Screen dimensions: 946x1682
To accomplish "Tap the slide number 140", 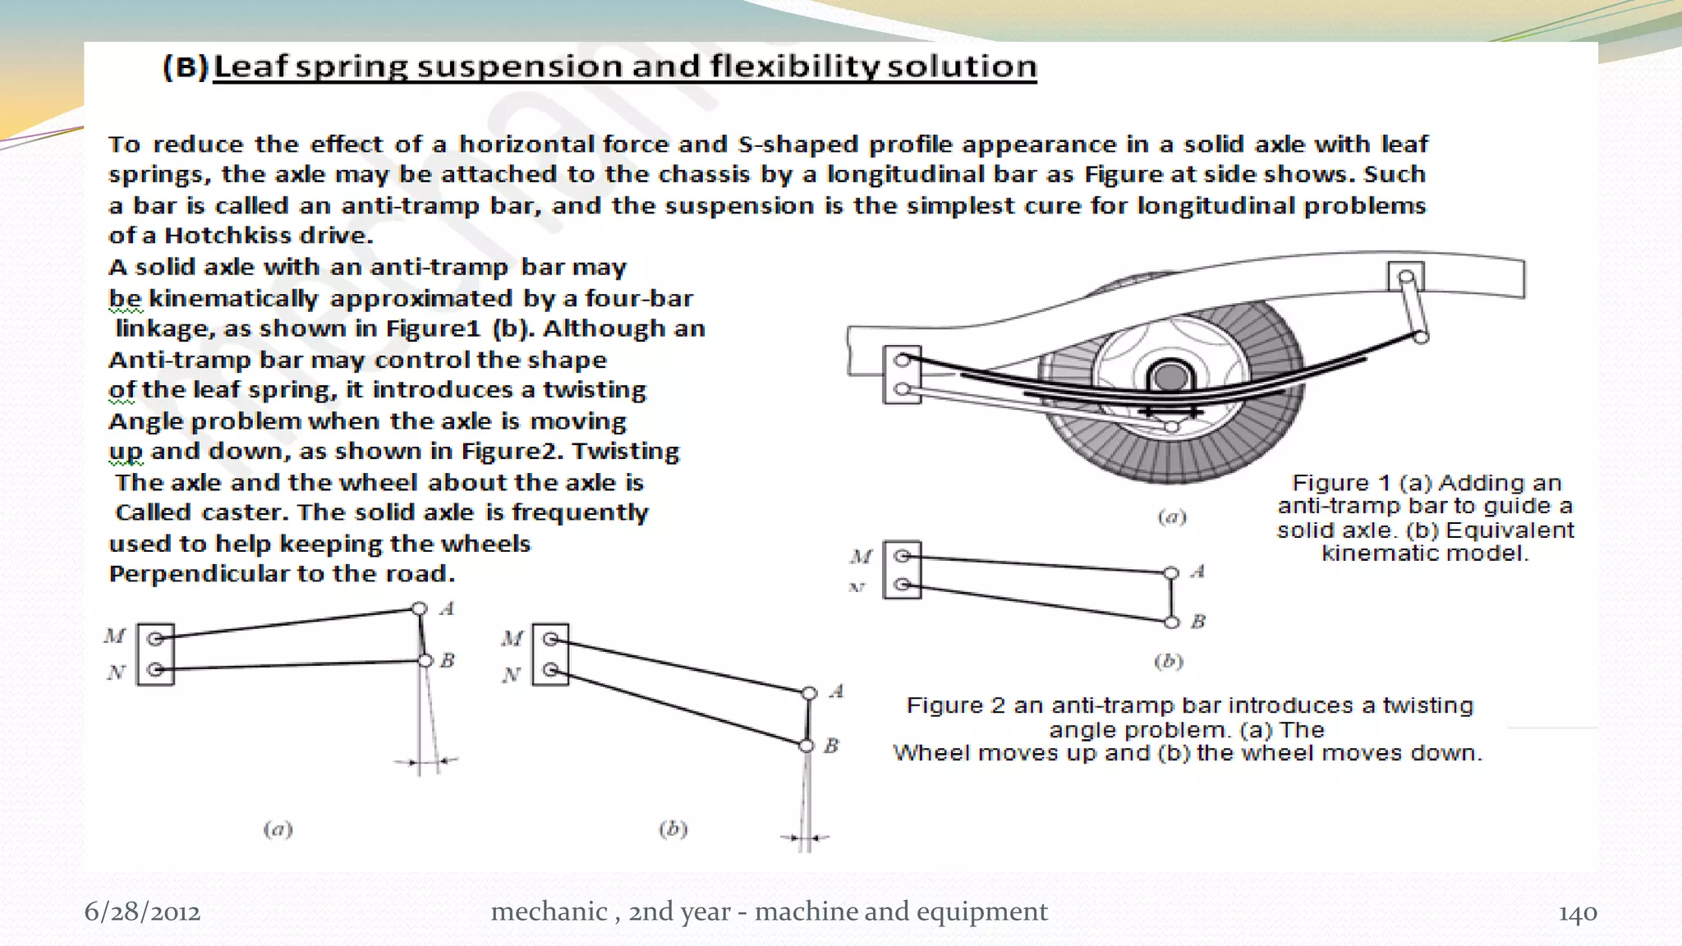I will tap(1577, 912).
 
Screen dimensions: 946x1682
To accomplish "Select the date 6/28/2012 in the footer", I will tap(142, 912).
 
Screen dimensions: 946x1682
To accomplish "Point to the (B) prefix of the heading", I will tap(185, 67).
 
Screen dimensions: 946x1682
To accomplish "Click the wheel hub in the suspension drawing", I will tap(1170, 379).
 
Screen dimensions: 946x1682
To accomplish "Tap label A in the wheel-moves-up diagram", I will tap(447, 608).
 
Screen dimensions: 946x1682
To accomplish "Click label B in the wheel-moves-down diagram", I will tap(831, 746).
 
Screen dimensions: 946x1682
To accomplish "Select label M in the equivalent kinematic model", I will tap(861, 557).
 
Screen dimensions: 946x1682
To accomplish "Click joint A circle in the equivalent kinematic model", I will tap(1171, 572).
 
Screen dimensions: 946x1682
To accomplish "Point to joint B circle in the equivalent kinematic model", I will tap(1172, 622).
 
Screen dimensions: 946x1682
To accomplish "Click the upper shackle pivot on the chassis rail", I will tap(1405, 277).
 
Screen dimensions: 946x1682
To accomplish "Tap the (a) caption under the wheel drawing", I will tap(1171, 517).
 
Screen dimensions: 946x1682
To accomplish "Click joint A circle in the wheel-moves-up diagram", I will tap(420, 608).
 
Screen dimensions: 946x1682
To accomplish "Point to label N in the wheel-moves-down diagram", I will tap(512, 675).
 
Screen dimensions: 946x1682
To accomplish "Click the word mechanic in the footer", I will tap(549, 912).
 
